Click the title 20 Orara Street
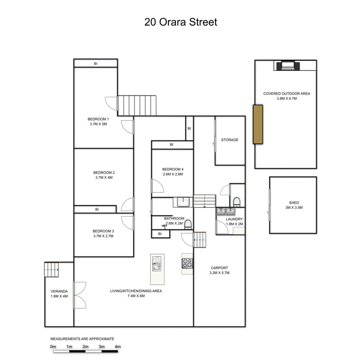[181, 22]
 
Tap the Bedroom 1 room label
[98, 119]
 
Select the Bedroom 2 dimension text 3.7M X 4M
[104, 178]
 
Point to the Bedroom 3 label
[104, 231]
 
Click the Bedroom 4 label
[173, 169]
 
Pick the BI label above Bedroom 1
[95, 64]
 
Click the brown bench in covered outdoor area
[258, 124]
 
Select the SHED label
[294, 203]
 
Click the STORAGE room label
[229, 140]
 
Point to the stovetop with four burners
[187, 263]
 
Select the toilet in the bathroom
[188, 225]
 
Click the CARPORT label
[219, 268]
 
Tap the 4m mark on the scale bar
[117, 347]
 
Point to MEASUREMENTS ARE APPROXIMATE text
[82, 339]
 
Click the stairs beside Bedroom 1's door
[137, 105]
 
